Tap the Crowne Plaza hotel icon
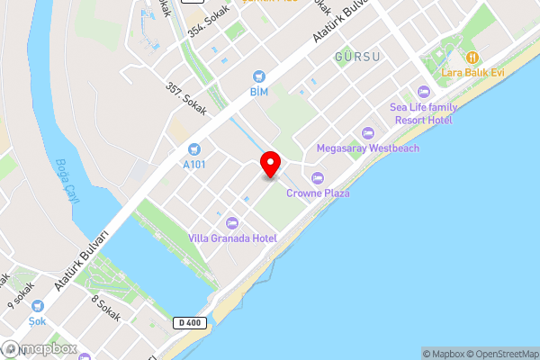(317, 176)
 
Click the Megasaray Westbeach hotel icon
(366, 132)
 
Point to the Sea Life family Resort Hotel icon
(423, 91)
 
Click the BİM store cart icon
(259, 76)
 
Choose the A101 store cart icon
(193, 149)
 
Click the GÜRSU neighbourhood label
(357, 57)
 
